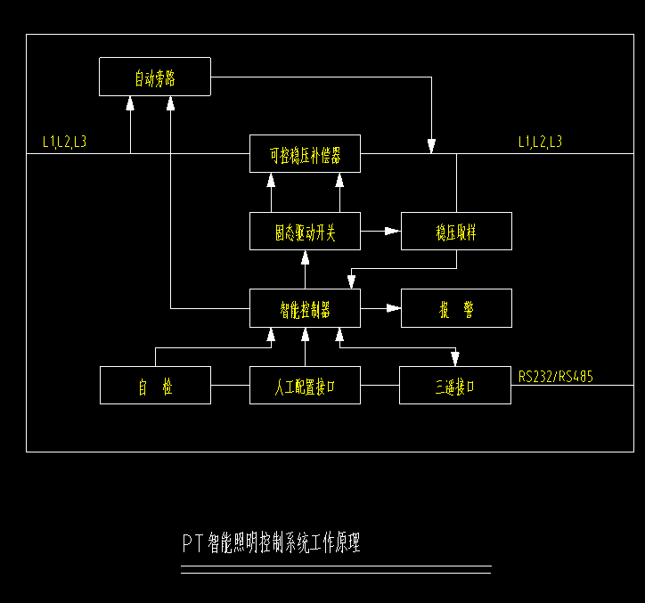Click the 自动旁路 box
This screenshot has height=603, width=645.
[x=154, y=77]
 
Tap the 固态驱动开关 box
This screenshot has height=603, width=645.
[x=305, y=232]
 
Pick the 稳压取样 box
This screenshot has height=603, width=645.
[x=456, y=232]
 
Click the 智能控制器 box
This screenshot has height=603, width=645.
[x=305, y=308]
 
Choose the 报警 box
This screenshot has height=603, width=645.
[x=456, y=308]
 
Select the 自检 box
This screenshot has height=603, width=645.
[x=155, y=385]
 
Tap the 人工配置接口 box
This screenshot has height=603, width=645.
[x=305, y=385]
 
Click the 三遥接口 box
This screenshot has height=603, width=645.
[x=455, y=385]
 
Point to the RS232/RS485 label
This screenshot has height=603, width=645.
[x=556, y=377]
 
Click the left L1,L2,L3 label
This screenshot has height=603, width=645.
[x=65, y=142]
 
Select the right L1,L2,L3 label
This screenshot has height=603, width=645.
[x=540, y=142]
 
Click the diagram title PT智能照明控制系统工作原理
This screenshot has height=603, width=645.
[x=272, y=542]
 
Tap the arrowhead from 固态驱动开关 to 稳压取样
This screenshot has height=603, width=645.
[x=393, y=232]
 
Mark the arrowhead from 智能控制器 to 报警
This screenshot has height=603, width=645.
[x=393, y=308]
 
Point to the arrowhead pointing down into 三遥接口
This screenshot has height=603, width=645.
[x=455, y=358]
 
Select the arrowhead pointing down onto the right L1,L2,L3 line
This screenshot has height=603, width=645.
[x=432, y=145]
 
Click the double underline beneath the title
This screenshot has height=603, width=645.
[x=336, y=569]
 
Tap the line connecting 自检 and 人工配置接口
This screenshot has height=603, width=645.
[x=230, y=385]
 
